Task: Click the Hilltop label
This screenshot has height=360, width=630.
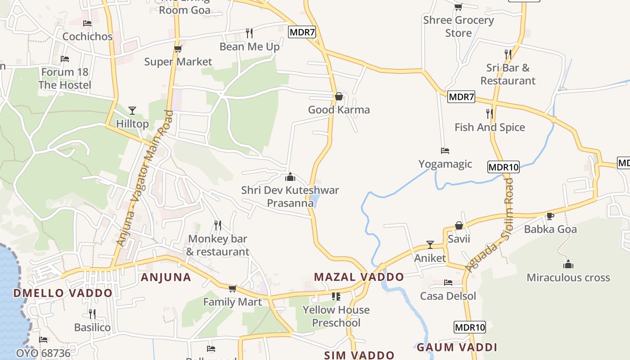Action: [x=132, y=124]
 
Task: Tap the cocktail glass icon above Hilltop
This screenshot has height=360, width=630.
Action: [x=132, y=110]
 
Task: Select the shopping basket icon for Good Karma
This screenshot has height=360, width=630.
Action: [x=339, y=96]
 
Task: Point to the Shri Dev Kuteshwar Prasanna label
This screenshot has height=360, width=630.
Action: [x=290, y=197]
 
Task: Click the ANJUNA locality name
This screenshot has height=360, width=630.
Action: [x=166, y=277]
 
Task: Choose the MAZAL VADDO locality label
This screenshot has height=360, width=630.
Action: [x=359, y=277]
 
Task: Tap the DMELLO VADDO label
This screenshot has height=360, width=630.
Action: [x=63, y=293]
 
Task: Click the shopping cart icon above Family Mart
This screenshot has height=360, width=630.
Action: [x=232, y=288]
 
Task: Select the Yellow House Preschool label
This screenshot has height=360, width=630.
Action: [x=336, y=316]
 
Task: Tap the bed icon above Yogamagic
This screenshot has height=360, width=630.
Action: [x=445, y=151]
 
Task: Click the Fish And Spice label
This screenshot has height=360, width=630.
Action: [x=490, y=127]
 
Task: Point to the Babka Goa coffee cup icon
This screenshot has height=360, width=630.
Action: [x=550, y=216]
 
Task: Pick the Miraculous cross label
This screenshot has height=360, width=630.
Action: [x=568, y=278]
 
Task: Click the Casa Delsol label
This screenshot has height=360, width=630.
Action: [x=448, y=296]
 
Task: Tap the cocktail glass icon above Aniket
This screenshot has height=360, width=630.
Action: [x=430, y=244]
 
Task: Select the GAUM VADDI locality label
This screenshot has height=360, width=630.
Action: [x=457, y=347]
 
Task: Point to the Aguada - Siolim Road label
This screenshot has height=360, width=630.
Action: [x=489, y=225]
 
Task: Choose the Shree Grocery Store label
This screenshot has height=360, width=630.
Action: [x=459, y=27]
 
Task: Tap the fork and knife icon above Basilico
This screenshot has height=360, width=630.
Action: [x=92, y=314]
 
